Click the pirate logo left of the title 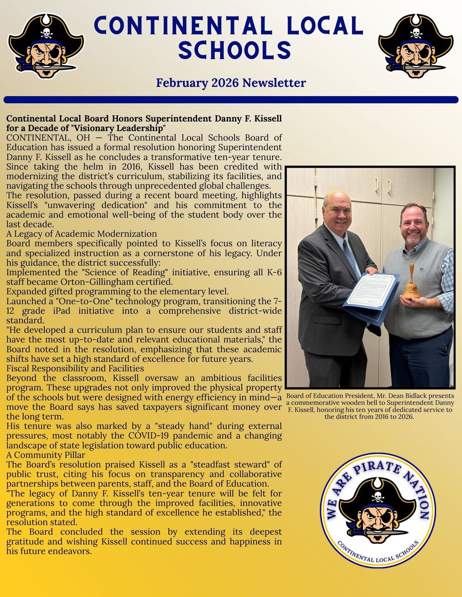click(45, 45)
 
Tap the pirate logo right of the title click(416, 45)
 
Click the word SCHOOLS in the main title click(234, 50)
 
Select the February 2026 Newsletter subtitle click(231, 83)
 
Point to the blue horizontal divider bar click(231, 100)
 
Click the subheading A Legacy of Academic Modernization click(82, 234)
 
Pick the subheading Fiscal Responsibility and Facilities click(75, 368)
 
